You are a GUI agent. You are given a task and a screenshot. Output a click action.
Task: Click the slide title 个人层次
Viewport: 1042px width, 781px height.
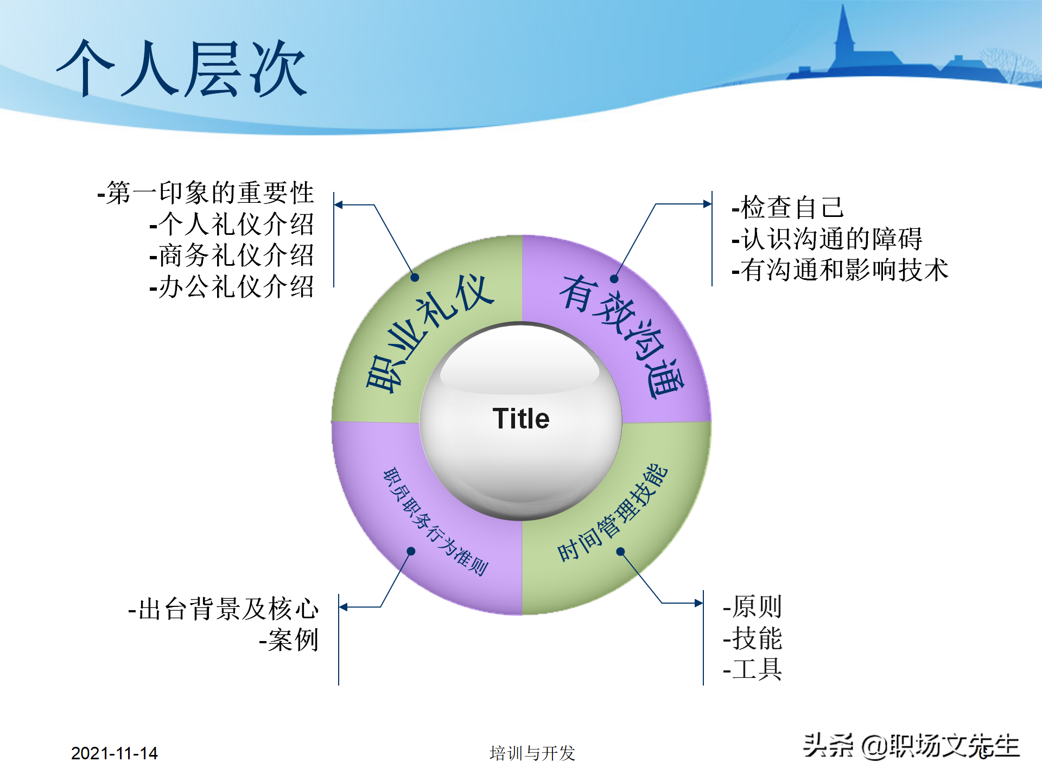[182, 69]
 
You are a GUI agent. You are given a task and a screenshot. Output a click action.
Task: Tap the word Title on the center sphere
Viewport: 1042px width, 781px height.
[520, 419]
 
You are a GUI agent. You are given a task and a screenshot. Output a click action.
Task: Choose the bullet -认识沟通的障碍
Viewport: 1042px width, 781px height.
[827, 239]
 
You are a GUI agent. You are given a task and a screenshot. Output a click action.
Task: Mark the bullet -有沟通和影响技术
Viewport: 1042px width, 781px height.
[840, 270]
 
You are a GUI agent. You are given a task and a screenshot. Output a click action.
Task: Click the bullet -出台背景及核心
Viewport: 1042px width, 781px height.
[223, 609]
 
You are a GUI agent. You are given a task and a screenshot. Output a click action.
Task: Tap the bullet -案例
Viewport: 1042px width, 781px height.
[288, 640]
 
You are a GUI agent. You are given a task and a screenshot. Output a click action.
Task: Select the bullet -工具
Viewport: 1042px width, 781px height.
[752, 669]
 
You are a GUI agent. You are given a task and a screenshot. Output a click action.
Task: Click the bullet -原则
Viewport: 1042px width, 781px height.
[752, 606]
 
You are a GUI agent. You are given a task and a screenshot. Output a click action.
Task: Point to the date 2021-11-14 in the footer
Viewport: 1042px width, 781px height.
[114, 753]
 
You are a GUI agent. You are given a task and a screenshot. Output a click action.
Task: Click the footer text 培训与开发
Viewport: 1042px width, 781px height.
[532, 753]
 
